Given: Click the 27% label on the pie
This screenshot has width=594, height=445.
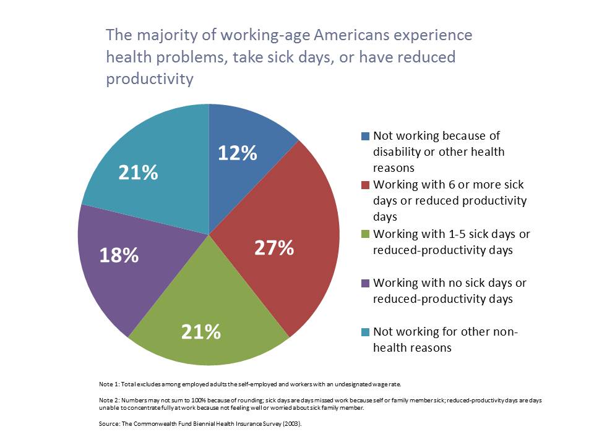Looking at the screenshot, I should point(273,248).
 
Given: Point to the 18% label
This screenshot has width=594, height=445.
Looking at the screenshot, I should point(119,255).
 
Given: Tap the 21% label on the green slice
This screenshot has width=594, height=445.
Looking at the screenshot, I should point(201,332).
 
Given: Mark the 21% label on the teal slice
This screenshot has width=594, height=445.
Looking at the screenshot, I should point(138,173).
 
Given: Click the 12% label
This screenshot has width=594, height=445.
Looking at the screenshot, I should point(237,153).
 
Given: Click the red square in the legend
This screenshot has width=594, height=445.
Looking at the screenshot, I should point(365,185).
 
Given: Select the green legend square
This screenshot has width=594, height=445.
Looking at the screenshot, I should point(365,234).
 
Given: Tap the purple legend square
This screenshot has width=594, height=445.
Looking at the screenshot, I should point(365,283).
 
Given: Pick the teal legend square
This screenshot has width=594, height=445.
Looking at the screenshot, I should point(365,332).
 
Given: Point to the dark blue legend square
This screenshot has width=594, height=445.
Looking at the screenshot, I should point(365,135).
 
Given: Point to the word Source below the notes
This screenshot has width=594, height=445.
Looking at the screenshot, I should point(109,426).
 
